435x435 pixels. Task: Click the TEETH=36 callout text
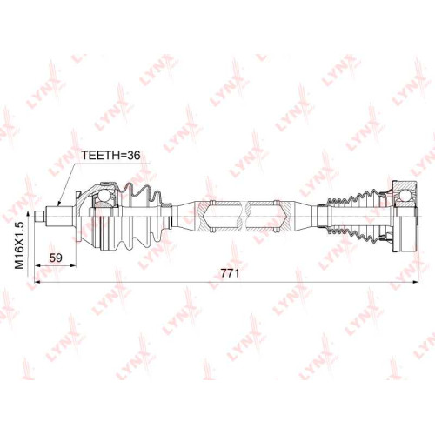pos(110,155)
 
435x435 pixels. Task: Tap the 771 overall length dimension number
pos(230,273)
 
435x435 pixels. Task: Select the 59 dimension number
pos(56,258)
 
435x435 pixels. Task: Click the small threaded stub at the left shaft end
pos(39,216)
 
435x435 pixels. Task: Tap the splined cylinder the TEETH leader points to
pos(59,216)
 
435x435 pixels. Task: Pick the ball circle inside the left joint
pos(104,196)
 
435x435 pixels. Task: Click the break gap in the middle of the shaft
pos(244,216)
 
